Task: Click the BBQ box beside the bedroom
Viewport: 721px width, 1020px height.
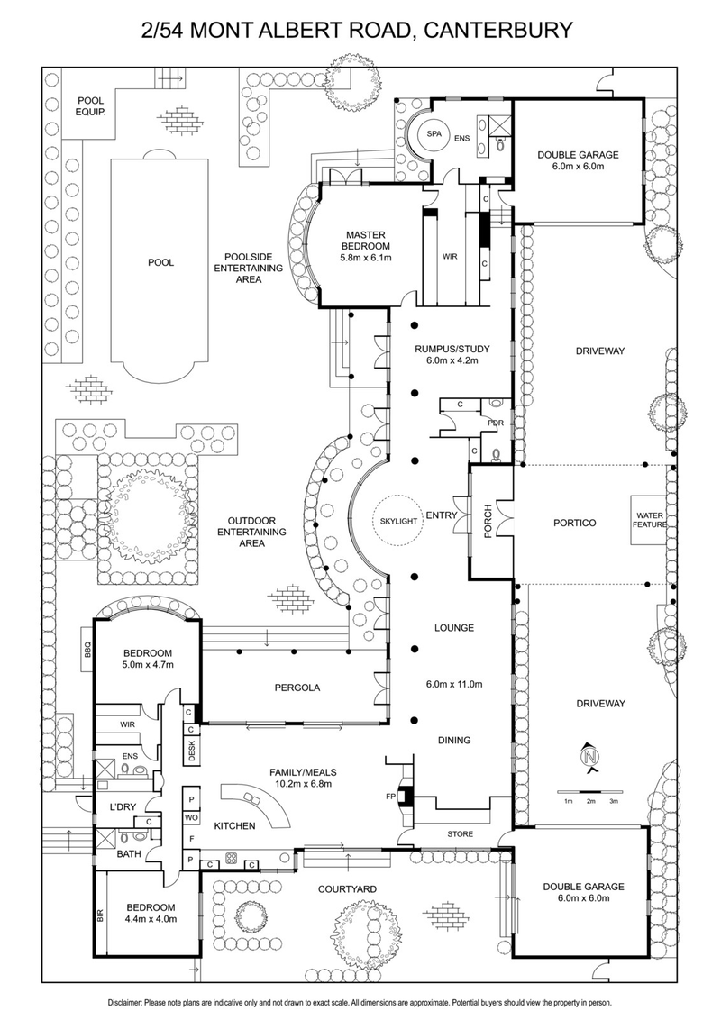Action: coord(88,653)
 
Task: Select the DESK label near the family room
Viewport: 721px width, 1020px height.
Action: coord(192,749)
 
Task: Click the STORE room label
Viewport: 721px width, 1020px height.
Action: coord(461,834)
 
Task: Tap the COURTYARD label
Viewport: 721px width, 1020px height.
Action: coord(347,889)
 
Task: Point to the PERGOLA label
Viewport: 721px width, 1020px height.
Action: coord(297,688)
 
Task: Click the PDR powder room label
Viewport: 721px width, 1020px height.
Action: coord(494,422)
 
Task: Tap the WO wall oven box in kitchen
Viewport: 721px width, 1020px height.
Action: coord(191,817)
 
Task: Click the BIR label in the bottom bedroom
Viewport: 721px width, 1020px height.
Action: coord(99,918)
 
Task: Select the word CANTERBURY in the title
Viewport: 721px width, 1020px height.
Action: coord(495,30)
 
